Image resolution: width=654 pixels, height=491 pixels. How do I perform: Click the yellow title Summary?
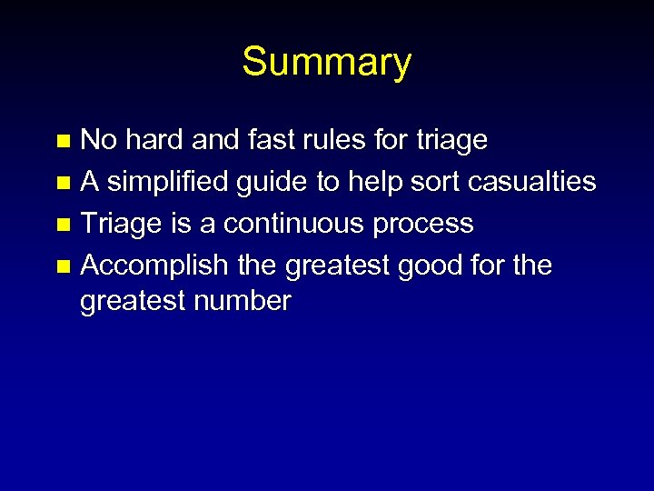coord(326,63)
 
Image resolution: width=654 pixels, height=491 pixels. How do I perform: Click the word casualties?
coord(532,182)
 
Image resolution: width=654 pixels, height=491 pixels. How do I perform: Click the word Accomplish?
coord(154,266)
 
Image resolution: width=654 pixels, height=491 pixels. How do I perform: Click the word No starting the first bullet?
coord(98,140)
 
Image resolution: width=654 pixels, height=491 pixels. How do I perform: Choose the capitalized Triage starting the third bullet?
coord(119,224)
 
